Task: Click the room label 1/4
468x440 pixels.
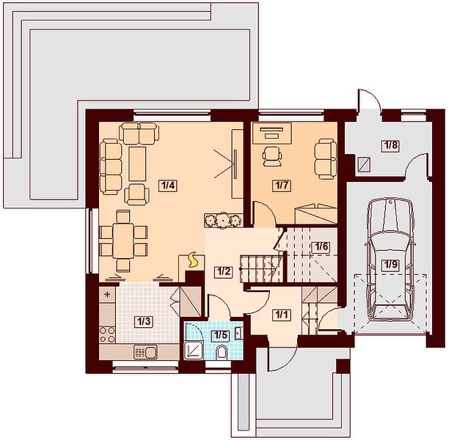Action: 168,186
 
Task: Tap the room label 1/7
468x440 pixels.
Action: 282,186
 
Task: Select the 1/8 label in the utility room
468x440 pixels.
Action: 391,145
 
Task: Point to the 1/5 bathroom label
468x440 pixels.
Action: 221,335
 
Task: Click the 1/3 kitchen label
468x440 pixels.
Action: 143,322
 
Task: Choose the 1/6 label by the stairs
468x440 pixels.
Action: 321,247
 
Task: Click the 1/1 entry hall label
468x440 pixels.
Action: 282,315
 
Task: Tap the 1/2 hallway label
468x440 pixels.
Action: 224,271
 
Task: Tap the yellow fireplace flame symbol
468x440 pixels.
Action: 193,260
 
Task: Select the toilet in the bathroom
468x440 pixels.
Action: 222,352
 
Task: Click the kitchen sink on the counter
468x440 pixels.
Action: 146,353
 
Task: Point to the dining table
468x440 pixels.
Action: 123,241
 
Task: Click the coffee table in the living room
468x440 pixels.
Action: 137,164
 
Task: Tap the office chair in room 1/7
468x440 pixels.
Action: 272,156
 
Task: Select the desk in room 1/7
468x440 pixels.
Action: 271,133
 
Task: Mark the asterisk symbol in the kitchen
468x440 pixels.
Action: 107,295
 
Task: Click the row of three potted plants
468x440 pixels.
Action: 223,221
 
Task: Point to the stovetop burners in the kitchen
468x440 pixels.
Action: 107,334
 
